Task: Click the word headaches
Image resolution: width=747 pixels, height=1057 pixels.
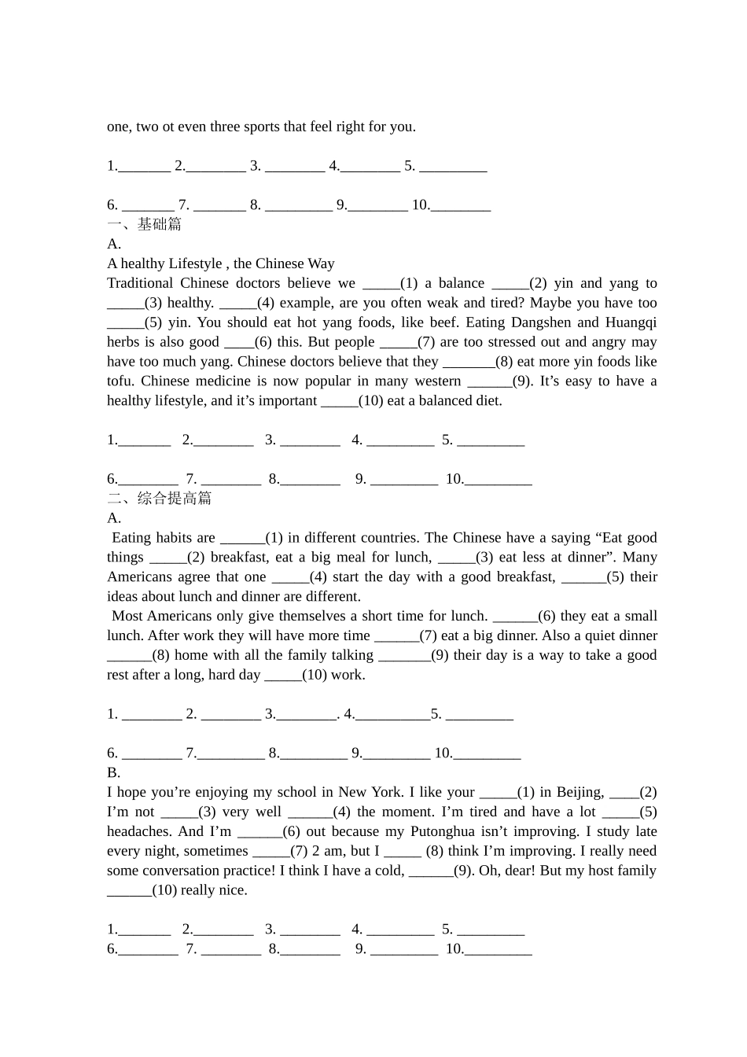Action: coord(138,831)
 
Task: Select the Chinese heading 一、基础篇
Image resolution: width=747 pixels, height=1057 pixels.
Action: coord(145,224)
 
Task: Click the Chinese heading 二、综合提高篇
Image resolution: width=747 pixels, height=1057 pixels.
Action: coord(160,498)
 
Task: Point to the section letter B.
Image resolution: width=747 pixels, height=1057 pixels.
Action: coord(113,772)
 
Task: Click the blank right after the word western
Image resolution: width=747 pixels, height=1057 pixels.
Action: coord(489,381)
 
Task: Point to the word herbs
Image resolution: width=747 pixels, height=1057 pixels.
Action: coord(123,342)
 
